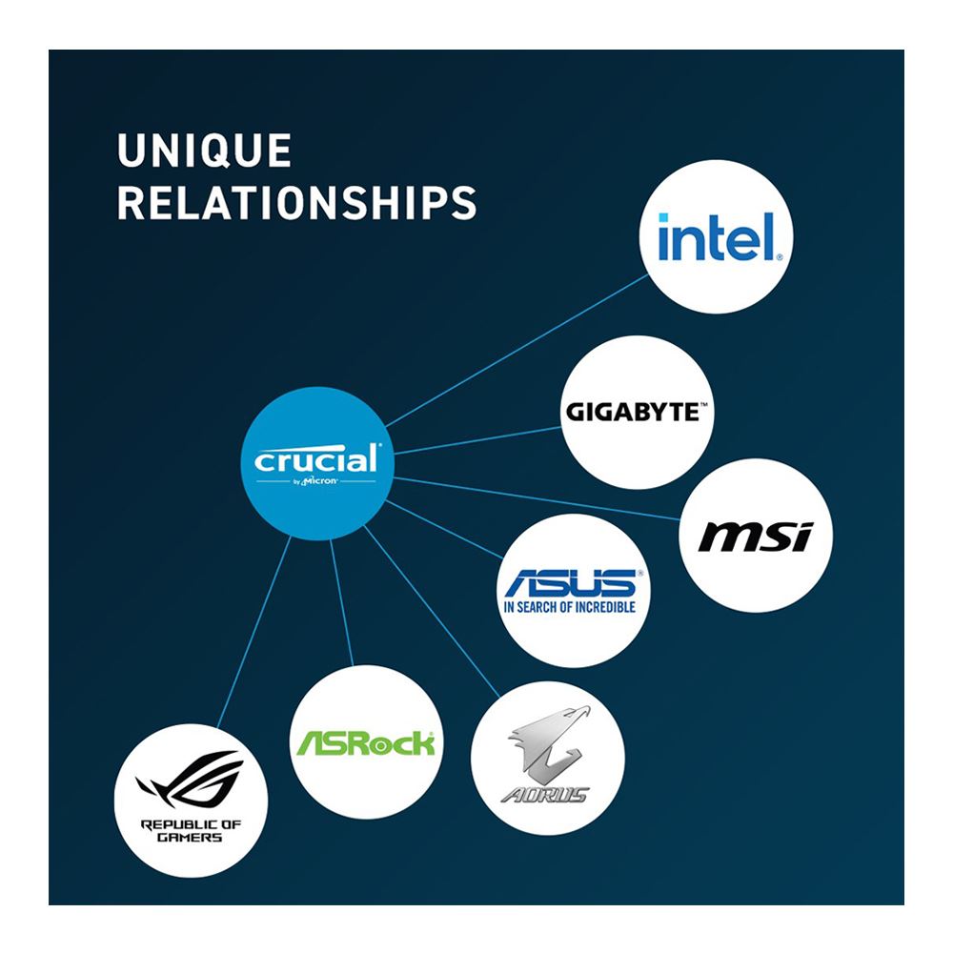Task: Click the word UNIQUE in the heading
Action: (x=205, y=151)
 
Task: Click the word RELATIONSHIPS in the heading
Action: (x=297, y=203)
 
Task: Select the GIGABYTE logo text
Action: (x=637, y=412)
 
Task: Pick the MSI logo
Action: (x=756, y=536)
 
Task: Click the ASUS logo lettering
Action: (x=571, y=583)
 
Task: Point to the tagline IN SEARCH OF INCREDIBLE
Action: (x=570, y=607)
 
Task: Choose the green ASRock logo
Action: (x=365, y=742)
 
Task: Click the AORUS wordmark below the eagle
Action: (x=545, y=795)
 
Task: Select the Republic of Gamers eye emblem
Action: (x=190, y=780)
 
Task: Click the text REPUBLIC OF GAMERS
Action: (x=191, y=831)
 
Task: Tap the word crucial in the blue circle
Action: (x=316, y=459)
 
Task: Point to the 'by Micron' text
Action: (x=314, y=481)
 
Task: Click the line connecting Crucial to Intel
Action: (x=517, y=351)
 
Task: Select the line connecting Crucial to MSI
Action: (x=536, y=498)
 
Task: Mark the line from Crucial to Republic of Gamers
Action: (x=254, y=633)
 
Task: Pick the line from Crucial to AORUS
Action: (x=432, y=611)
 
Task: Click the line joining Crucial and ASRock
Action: (x=341, y=602)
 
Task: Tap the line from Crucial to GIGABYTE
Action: (x=477, y=440)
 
